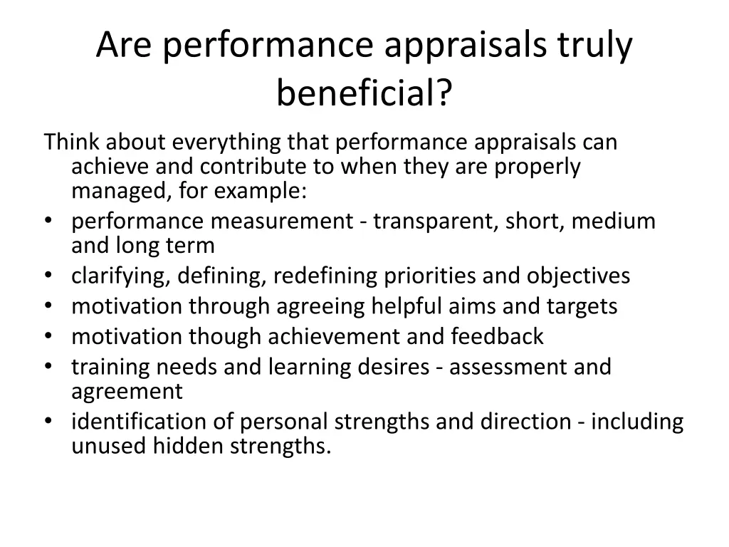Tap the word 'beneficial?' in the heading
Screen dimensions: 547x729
pyautogui.click(x=364, y=93)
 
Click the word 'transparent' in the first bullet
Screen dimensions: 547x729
pyautogui.click(x=435, y=222)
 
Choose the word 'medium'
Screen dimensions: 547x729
pyautogui.click(x=614, y=222)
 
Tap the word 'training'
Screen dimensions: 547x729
pyautogui.click(x=110, y=367)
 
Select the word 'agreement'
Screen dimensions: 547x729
pyautogui.click(x=127, y=391)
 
